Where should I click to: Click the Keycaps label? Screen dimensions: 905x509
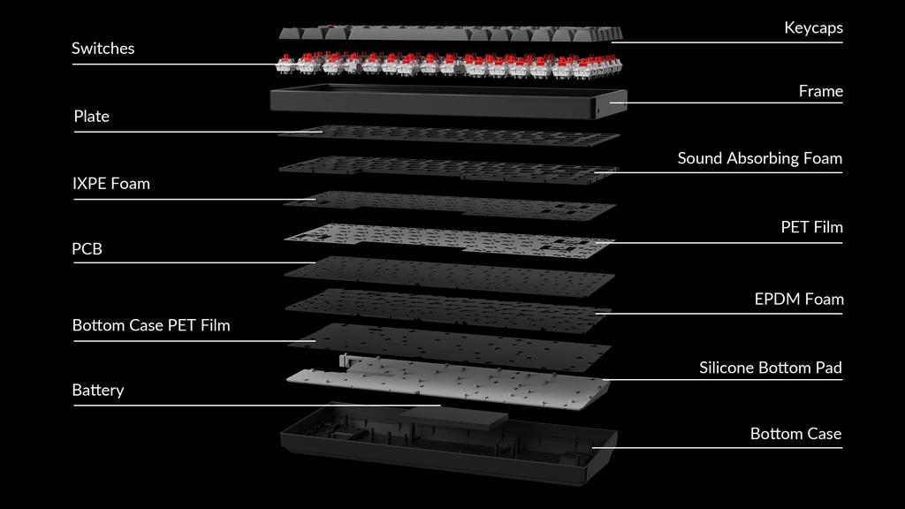coord(813,27)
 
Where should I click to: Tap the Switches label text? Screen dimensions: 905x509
coord(103,49)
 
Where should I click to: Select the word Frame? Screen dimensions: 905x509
coord(821,91)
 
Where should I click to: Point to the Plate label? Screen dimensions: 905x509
coord(91,117)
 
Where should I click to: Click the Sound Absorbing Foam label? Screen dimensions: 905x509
coord(759,158)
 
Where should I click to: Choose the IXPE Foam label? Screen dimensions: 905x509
coord(110,184)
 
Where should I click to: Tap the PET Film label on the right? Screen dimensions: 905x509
coord(811,227)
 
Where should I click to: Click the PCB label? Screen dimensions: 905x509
coord(87,248)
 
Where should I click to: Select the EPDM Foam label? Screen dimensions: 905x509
coord(799,299)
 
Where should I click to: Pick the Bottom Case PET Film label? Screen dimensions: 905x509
coord(151,325)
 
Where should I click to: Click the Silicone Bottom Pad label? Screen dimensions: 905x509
coord(771,368)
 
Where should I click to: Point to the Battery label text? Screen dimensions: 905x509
coord(97,390)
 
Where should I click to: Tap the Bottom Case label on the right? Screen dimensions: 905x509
coord(795,433)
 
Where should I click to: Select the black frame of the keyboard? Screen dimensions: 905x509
coord(448,102)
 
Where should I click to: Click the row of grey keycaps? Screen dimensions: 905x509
coord(451,34)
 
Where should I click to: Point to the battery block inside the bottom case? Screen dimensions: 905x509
coord(453,417)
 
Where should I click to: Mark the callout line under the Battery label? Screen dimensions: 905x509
coord(257,405)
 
